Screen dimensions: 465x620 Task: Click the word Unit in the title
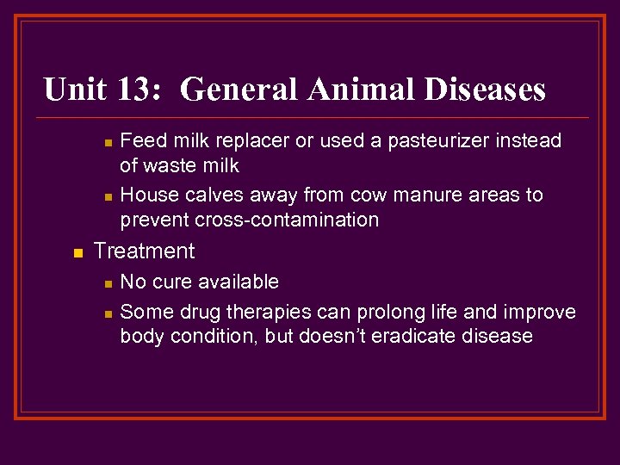click(76, 90)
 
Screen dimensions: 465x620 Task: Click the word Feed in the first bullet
click(141, 140)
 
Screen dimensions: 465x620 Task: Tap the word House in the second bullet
click(147, 195)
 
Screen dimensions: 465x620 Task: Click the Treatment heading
click(144, 251)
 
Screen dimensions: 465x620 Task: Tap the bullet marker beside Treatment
click(77, 253)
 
